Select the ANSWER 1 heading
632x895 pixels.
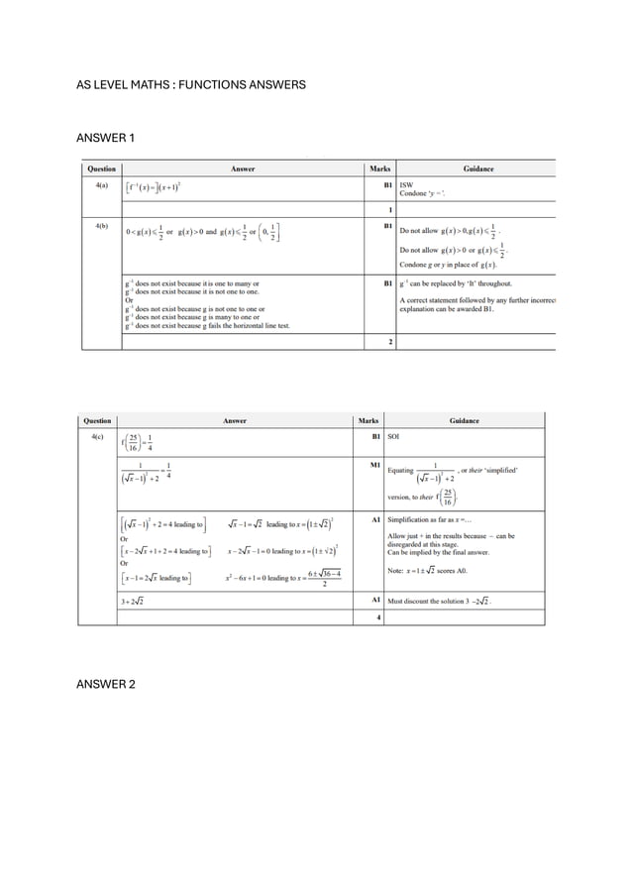click(105, 137)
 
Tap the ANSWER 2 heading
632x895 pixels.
click(106, 684)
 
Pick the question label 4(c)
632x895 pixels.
click(97, 436)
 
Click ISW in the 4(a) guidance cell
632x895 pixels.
click(406, 184)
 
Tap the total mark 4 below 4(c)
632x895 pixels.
click(379, 617)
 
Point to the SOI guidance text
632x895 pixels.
click(393, 436)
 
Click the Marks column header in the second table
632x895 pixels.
click(373, 420)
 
